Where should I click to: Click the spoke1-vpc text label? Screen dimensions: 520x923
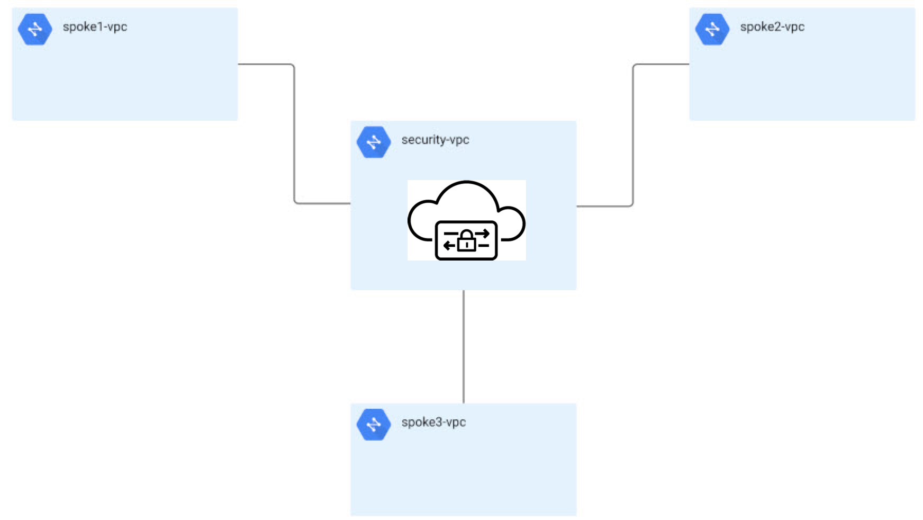pos(95,27)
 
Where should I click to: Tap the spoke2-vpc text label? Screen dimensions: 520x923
pos(772,27)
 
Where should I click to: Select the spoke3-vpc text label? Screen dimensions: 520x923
pos(433,422)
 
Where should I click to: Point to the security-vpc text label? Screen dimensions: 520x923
pos(435,140)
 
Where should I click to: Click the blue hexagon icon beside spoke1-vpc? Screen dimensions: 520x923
pos(35,29)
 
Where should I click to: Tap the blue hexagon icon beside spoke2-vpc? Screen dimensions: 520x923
pos(712,29)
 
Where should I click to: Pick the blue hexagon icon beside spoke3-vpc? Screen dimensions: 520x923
pos(374,424)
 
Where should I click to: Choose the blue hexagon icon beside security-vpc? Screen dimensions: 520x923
pos(374,142)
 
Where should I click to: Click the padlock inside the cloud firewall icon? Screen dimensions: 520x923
pos(466,240)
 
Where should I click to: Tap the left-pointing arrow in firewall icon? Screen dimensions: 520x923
pos(449,245)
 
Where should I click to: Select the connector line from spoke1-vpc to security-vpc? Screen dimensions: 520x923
pos(294,132)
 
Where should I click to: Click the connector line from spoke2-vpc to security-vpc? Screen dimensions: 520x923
pos(633,132)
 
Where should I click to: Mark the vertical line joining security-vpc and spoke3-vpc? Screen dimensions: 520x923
pos(464,347)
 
